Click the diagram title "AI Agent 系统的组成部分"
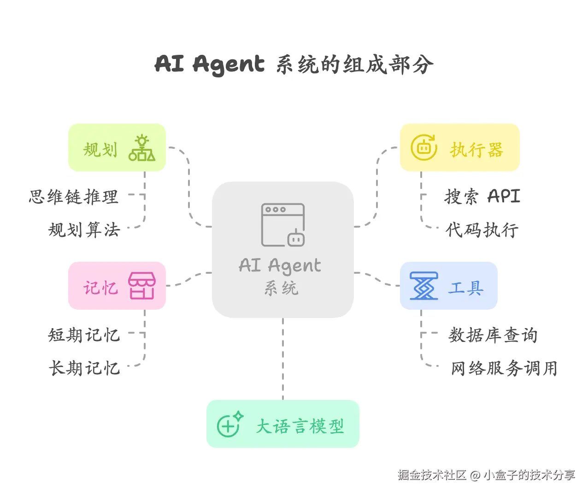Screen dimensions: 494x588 tap(294, 65)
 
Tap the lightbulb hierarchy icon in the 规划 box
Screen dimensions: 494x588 tap(142, 148)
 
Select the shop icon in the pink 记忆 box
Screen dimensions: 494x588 tap(142, 286)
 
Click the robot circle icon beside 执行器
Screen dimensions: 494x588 tap(423, 147)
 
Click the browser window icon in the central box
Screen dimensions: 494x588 tap(283, 225)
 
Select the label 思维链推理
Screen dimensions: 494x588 tap(74, 197)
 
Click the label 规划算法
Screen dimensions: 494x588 tap(84, 229)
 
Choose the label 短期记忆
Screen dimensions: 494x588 tap(84, 335)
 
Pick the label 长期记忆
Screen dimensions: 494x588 tap(84, 368)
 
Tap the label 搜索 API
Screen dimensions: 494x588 tap(482, 196)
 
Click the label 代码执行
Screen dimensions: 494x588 tap(482, 229)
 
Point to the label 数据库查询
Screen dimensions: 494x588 tap(493, 335)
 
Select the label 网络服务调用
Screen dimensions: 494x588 tap(504, 368)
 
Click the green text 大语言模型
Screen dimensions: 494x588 tap(300, 426)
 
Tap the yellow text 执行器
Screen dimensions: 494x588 tap(476, 150)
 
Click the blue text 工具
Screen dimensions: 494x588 tap(465, 288)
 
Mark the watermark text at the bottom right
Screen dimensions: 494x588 tap(486, 475)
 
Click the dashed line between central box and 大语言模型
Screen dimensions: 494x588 tap(283, 359)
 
